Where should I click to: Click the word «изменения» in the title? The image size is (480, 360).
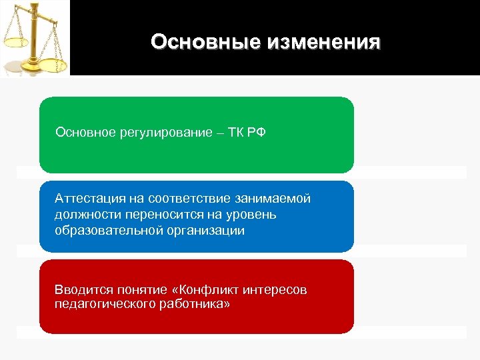(323, 42)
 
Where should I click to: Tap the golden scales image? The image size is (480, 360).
(35, 38)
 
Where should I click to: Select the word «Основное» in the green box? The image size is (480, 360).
(85, 131)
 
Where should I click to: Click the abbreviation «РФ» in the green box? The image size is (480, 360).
(255, 131)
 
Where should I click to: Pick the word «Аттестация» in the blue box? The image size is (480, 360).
(89, 199)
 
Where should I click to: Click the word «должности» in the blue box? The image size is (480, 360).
(85, 215)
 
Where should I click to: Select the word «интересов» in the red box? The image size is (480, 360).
(276, 289)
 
